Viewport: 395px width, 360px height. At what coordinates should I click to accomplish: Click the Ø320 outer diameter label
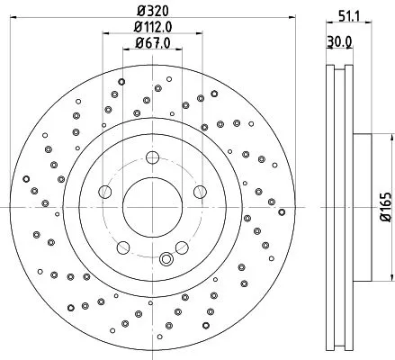click(x=152, y=12)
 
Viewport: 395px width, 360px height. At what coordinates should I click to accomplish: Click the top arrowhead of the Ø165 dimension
click(x=389, y=137)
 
